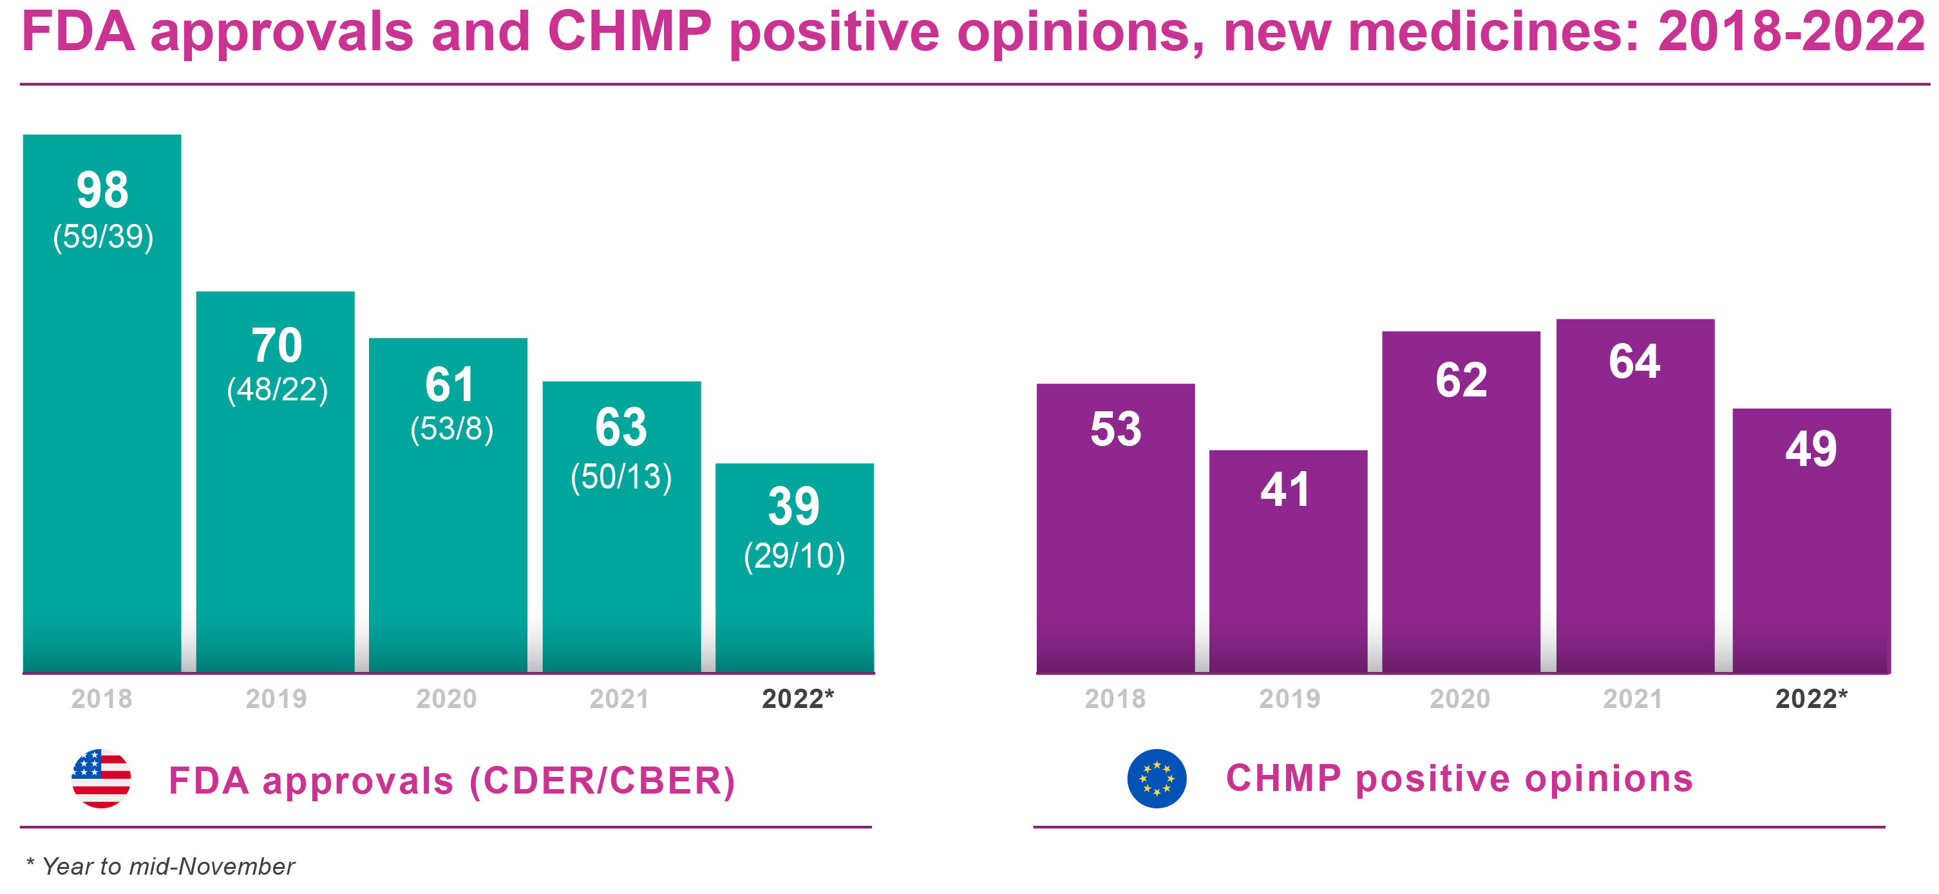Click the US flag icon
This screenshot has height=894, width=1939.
click(101, 778)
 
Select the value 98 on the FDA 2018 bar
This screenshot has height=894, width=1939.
click(102, 190)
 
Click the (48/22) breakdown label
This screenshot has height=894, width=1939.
click(277, 390)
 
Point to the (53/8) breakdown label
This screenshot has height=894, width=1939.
click(451, 429)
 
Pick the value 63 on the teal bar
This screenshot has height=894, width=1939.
click(621, 427)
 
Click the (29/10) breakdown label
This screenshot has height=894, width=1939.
click(794, 556)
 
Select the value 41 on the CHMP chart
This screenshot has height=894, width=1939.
click(1285, 489)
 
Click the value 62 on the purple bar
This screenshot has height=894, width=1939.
click(1461, 379)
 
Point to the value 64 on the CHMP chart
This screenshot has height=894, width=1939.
click(1634, 361)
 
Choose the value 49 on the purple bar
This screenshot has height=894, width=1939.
click(1811, 449)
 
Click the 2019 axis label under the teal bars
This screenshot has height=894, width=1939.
click(276, 699)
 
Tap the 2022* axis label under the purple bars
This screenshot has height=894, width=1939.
click(1811, 699)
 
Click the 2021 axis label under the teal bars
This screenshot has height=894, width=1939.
click(620, 699)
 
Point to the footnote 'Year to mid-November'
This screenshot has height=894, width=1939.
click(167, 867)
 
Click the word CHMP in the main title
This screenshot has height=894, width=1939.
click(629, 32)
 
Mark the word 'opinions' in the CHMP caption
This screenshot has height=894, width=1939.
click(1609, 778)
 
